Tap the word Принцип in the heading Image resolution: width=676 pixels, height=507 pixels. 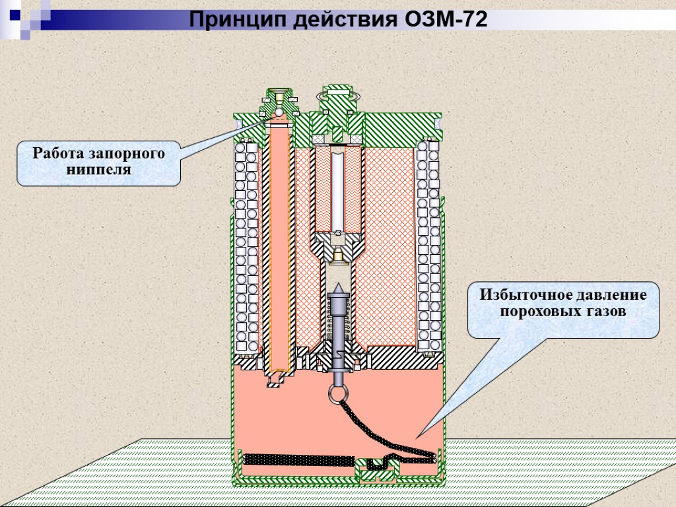229,20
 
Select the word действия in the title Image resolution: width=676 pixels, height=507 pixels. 336,20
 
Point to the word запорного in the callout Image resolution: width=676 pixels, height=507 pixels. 128,154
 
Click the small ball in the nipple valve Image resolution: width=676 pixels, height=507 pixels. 280,113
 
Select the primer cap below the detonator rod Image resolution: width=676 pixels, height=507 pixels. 338,254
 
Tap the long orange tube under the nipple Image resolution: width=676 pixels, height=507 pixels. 279,251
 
